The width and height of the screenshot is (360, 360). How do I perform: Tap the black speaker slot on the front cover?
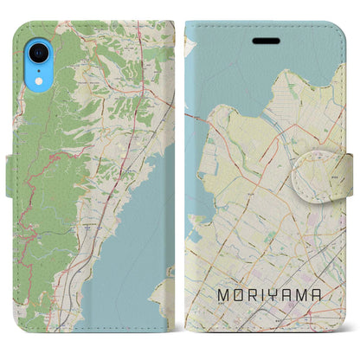(x=260, y=40)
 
